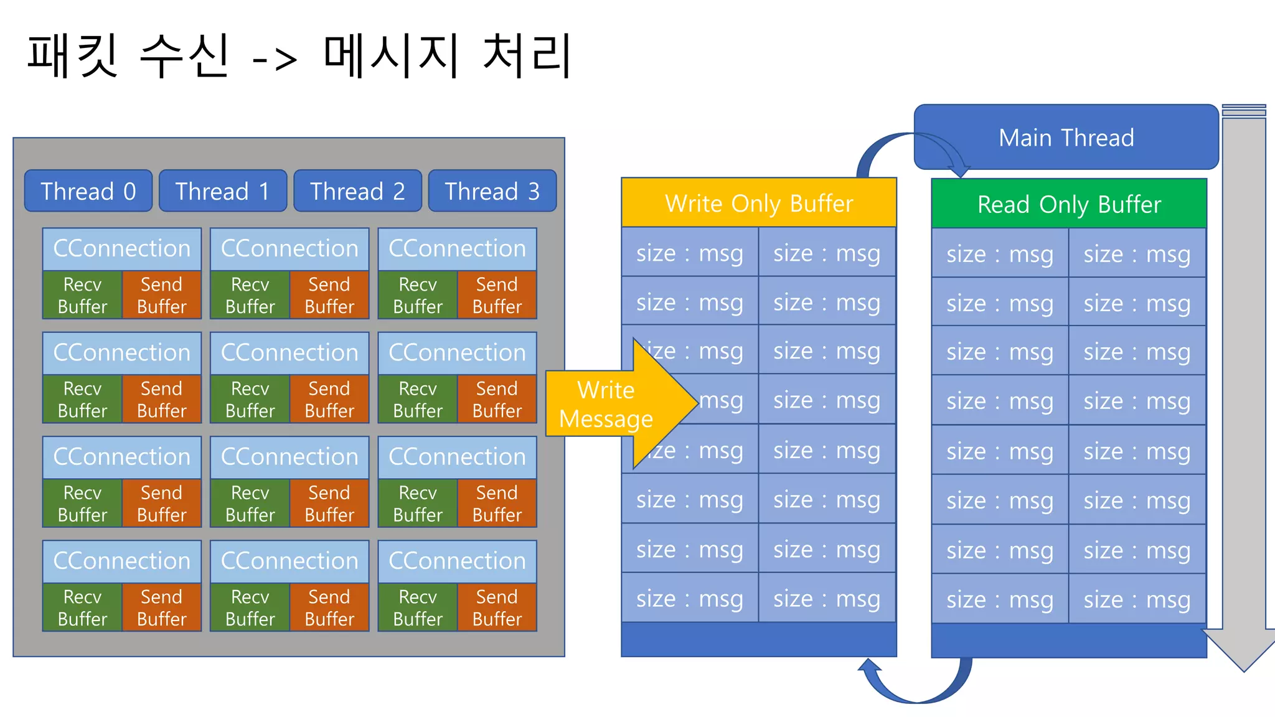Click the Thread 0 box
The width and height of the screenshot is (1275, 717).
pyautogui.click(x=88, y=191)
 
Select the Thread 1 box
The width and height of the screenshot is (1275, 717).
pyautogui.click(x=223, y=191)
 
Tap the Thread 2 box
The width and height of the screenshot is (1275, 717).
pyautogui.click(x=357, y=191)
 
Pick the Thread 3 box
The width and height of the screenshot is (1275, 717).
pyautogui.click(x=492, y=191)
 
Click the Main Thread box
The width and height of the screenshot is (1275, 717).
pyautogui.click(x=1066, y=138)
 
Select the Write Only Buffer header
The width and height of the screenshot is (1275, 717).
pyautogui.click(x=758, y=203)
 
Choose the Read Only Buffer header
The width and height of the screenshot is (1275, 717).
pyautogui.click(x=1069, y=204)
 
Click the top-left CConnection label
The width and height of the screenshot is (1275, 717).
pyautogui.click(x=121, y=248)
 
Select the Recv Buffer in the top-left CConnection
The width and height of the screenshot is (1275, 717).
pyautogui.click(x=82, y=295)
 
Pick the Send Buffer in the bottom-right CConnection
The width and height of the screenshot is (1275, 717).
pyautogui.click(x=497, y=607)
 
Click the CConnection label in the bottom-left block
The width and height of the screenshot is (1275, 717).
pyautogui.click(x=121, y=561)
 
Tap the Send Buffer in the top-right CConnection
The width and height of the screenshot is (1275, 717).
pyautogui.click(x=497, y=295)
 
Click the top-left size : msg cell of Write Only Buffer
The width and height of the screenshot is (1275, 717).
pyautogui.click(x=689, y=253)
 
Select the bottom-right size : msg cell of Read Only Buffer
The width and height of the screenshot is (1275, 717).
pyautogui.click(x=1137, y=599)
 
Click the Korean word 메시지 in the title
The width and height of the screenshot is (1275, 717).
pyautogui.click(x=391, y=56)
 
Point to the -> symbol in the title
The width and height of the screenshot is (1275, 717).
pyautogui.click(x=275, y=59)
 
